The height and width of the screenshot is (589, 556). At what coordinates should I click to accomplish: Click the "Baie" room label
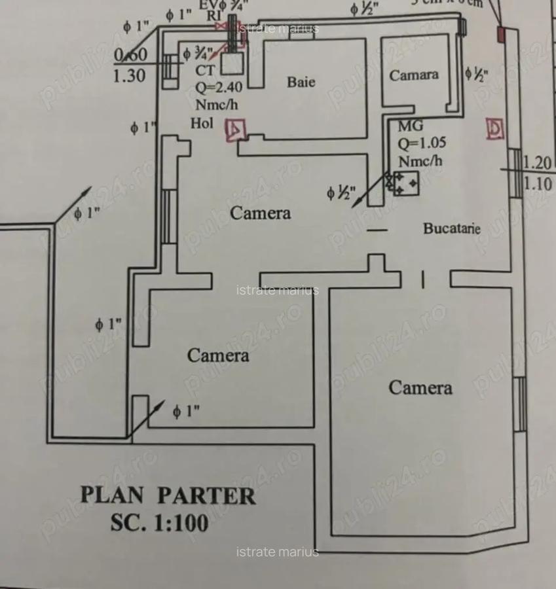(301, 82)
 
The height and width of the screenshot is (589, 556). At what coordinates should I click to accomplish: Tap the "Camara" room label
(414, 75)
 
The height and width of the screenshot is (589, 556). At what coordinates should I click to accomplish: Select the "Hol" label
(202, 123)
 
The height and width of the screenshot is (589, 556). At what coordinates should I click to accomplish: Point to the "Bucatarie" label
(451, 228)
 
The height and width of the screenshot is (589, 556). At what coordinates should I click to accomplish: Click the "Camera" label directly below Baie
(260, 213)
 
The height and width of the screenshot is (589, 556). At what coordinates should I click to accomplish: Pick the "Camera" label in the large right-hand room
(420, 387)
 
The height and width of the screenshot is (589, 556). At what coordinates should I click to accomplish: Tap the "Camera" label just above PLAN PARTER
(218, 355)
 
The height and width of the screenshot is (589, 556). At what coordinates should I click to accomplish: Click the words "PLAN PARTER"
(168, 495)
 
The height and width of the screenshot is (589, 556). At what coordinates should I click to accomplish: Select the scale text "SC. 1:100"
(159, 523)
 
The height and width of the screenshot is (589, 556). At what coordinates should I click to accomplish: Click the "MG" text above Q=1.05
(410, 126)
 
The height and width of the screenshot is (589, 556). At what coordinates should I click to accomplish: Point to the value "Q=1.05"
(419, 143)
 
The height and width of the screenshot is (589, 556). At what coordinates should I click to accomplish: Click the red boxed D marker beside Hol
(234, 130)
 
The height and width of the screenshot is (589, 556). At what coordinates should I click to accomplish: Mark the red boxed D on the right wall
(495, 129)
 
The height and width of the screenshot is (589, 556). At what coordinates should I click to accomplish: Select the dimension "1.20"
(538, 163)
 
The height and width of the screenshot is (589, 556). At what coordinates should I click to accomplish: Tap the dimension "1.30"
(130, 76)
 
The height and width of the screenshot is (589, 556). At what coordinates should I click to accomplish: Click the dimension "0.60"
(130, 55)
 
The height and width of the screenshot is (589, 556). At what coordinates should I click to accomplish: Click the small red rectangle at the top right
(502, 33)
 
